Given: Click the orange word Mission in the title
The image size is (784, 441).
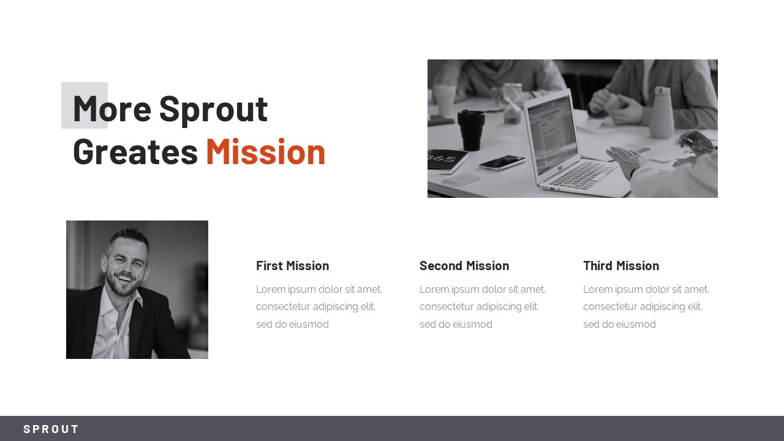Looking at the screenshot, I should point(265,152).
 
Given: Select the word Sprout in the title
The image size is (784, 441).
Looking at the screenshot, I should point(213,109).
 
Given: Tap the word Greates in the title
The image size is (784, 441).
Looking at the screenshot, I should point(135,152).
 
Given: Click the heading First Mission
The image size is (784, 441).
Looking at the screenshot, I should point(292,266).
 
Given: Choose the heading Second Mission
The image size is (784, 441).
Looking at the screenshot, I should point(464,266).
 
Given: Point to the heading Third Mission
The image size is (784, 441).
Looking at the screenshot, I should point(621,266).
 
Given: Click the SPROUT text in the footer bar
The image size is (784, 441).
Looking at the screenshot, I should point(51,429).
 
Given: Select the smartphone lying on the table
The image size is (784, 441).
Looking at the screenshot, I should point(502,162).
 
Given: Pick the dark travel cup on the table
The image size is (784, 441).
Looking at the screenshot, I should point(471,129).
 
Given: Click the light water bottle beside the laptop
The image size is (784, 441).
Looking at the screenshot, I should point(661,113).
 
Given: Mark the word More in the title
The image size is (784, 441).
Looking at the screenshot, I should point(112,109).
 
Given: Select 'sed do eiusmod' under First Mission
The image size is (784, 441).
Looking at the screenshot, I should point(292,325).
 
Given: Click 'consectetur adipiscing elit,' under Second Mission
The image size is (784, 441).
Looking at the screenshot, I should point(479,307).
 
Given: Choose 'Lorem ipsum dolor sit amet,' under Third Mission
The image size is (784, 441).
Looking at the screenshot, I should point(646,290).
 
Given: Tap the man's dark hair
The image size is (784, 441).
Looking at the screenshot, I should point(129,236).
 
